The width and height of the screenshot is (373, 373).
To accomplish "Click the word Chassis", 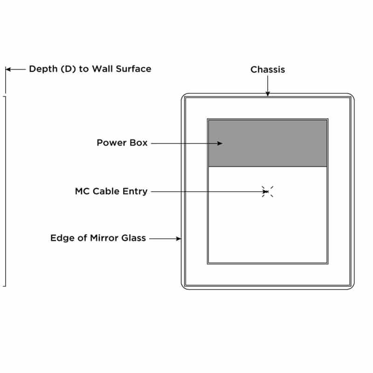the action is coord(268,69).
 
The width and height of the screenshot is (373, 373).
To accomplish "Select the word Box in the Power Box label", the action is coord(138,143).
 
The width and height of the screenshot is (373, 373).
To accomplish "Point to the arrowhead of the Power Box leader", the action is coord(220,144).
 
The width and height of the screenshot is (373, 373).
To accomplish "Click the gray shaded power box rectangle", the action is coord(268,143).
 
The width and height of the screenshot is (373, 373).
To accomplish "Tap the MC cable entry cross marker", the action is coord(268,192).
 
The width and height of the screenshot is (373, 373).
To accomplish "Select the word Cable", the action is coord(106,191).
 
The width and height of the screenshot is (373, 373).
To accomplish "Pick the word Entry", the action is coord(135,192).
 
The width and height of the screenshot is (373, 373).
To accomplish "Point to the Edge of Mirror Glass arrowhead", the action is coord(179,239).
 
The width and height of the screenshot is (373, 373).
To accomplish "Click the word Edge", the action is coord(62,238).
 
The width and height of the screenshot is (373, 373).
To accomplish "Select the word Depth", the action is coord(43,69).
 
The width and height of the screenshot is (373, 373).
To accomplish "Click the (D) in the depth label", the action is coord(68,69).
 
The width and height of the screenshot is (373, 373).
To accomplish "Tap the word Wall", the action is coord(102,69).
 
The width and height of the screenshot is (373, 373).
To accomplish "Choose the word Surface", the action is coord(134,69).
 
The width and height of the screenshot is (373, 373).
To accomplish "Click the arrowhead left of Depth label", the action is coord(8,69).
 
